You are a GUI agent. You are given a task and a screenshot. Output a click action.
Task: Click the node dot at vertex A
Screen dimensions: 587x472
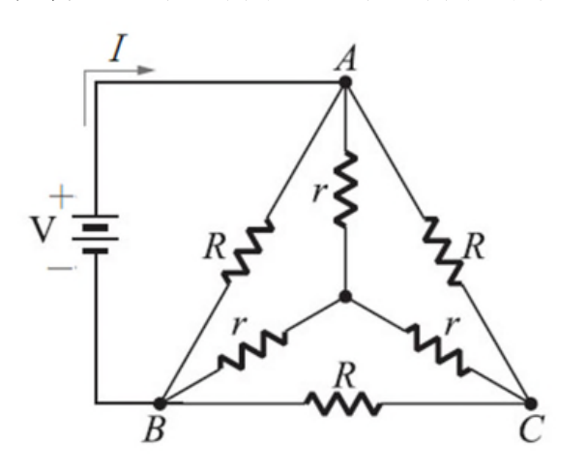345,82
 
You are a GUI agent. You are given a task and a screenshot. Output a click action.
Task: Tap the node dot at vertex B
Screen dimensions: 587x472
161,403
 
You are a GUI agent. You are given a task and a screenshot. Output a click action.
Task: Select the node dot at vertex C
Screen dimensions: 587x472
531,403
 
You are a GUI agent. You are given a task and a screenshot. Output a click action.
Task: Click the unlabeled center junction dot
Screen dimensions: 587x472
345,296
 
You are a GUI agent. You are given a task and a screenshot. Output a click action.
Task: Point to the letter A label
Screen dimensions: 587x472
345,60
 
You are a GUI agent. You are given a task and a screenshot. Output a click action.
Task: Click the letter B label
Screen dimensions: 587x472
154,429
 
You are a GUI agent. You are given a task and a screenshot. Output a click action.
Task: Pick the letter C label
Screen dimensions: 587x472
531,429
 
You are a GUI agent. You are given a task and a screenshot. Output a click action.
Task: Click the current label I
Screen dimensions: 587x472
118,47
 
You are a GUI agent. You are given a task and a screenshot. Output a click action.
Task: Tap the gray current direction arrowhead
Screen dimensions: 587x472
146,70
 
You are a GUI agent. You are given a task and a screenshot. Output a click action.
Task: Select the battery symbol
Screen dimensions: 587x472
96,234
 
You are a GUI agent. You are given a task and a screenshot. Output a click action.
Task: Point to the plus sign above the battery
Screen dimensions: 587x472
61,196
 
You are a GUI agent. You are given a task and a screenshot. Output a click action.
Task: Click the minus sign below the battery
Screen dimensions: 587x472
60,268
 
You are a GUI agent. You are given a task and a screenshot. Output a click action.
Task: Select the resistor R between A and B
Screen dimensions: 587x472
248,251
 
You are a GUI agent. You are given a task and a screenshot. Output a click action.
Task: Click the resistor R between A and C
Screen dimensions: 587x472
443,251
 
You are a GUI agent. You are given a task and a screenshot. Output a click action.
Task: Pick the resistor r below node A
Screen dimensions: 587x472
345,189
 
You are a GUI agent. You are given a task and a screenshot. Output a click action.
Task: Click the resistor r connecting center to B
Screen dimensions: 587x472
252,349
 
